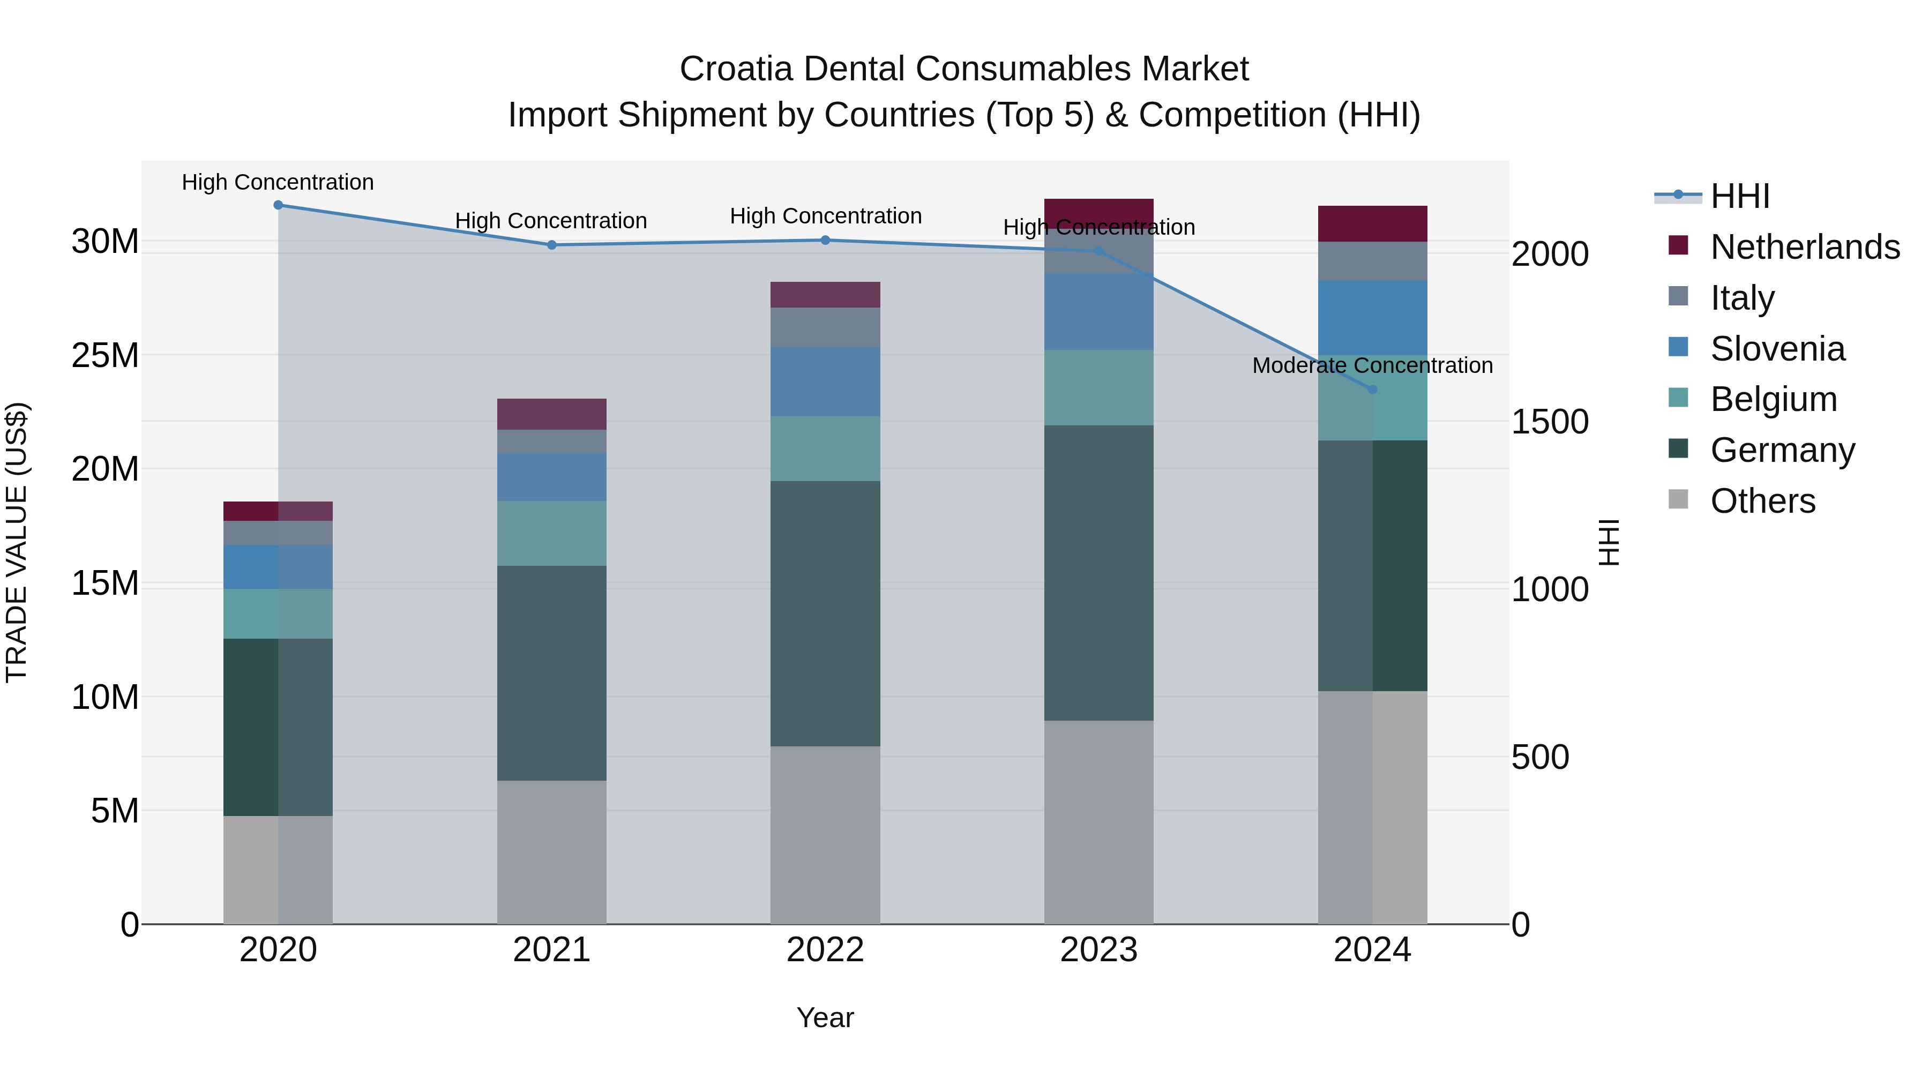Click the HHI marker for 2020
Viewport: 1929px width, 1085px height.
point(278,205)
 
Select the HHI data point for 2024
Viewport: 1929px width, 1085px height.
point(1372,390)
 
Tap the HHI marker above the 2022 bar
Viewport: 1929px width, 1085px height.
point(825,241)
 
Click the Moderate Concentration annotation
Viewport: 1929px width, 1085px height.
point(1372,365)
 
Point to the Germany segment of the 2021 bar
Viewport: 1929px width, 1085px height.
point(552,672)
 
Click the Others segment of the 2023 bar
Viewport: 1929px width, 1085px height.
point(1098,821)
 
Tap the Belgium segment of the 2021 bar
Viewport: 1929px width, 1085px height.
point(552,533)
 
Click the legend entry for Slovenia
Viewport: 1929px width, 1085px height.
point(1777,349)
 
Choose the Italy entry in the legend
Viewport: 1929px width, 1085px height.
point(1742,298)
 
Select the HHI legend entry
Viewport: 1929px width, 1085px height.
point(1739,196)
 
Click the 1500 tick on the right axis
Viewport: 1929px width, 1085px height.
point(1549,422)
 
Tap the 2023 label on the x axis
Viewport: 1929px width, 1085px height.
point(1098,950)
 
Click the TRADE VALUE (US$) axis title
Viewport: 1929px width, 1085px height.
point(17,542)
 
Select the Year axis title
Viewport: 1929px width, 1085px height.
point(825,1017)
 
